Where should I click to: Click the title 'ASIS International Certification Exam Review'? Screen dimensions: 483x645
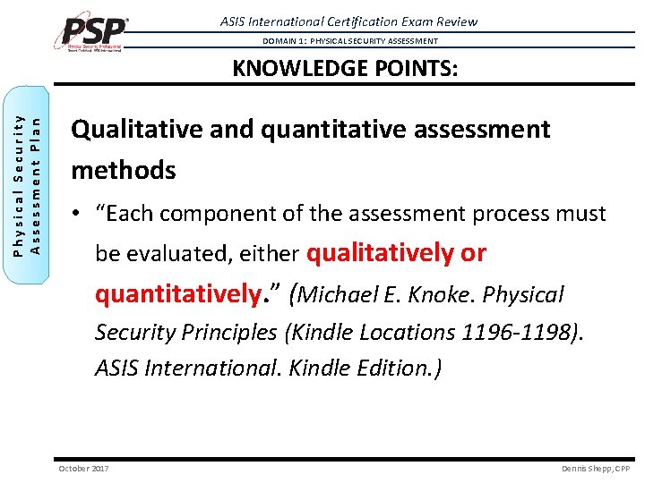tap(348, 21)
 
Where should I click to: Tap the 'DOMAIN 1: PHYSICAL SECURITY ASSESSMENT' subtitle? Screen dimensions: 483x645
tap(350, 41)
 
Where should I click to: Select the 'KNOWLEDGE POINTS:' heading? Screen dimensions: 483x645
tap(345, 69)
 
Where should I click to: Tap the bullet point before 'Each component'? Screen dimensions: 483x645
tap(78, 215)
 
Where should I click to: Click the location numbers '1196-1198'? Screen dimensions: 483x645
tap(516, 332)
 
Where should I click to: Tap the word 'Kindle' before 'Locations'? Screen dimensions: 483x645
tap(324, 332)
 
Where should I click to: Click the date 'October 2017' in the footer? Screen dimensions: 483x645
tap(83, 469)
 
